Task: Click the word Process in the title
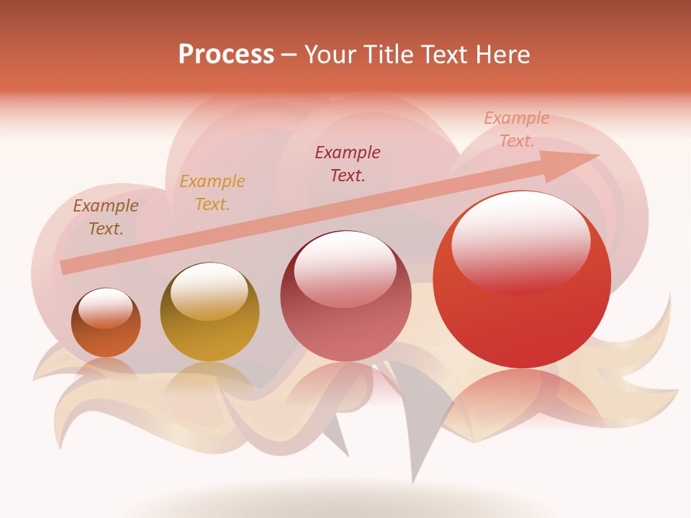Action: tap(226, 55)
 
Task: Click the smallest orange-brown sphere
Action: tap(106, 323)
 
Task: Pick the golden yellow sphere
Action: tap(209, 312)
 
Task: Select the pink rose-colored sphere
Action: tap(345, 296)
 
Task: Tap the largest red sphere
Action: tap(522, 280)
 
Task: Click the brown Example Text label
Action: tap(106, 217)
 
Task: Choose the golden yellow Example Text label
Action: tap(212, 193)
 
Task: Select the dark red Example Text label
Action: tap(348, 164)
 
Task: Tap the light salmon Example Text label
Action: tap(517, 129)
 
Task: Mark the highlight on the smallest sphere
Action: tap(106, 308)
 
